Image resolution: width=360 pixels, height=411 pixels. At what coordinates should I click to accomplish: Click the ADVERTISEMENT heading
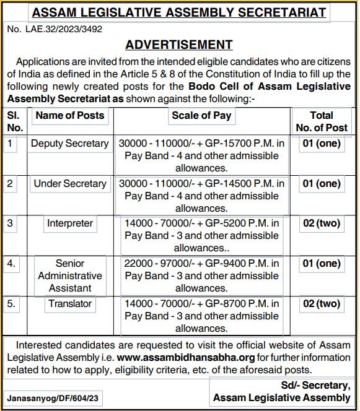point(179,45)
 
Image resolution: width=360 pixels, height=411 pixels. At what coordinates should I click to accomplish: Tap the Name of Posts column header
point(70,115)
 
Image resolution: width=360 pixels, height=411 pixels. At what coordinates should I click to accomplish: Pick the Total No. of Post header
point(322,121)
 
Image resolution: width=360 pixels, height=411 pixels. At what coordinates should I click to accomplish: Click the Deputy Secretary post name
point(70,143)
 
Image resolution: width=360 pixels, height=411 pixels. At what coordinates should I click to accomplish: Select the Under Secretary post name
point(70,183)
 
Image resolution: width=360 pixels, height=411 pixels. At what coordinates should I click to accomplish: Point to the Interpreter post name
point(70,223)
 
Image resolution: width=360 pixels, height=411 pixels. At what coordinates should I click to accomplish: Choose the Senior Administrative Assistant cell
point(70,275)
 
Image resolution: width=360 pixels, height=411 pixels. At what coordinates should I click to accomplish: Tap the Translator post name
point(70,304)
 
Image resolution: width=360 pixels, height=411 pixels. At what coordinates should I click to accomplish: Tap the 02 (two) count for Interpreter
point(322,223)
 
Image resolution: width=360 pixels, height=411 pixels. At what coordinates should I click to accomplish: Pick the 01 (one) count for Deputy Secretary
point(322,143)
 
